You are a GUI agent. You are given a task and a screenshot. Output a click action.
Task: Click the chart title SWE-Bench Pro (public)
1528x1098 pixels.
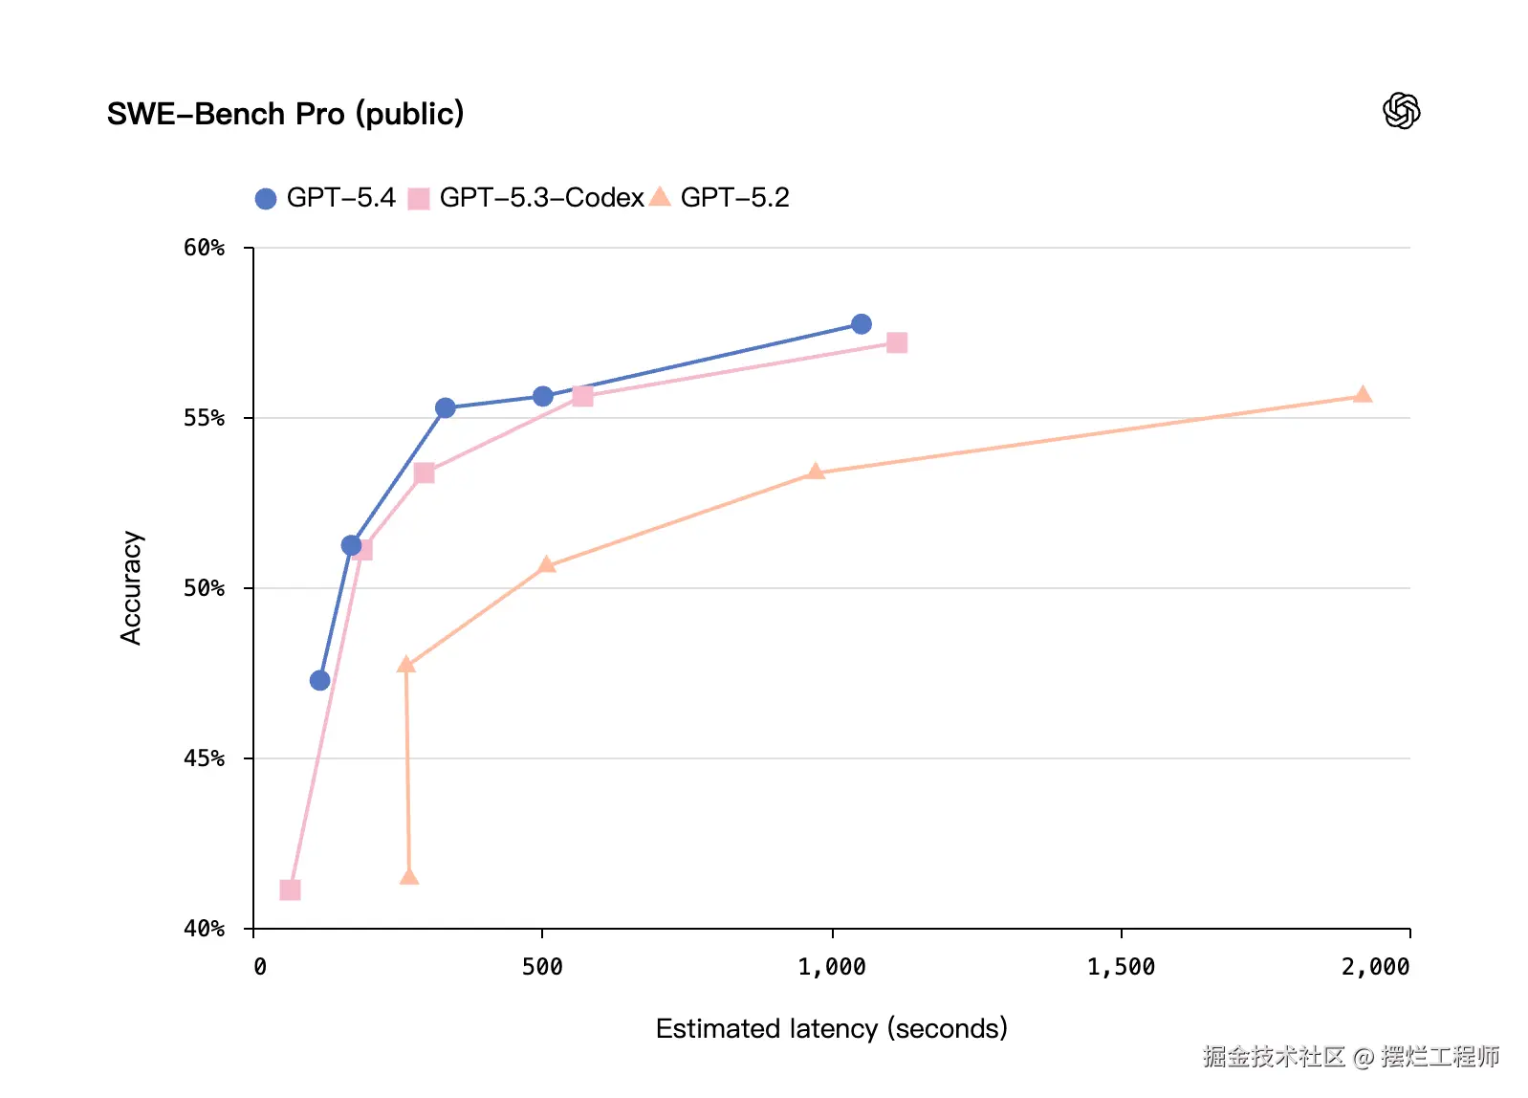[285, 114]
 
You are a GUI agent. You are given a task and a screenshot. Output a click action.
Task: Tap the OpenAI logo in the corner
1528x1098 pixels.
[1401, 111]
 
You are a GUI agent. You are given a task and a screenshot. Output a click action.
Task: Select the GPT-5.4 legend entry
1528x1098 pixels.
[325, 198]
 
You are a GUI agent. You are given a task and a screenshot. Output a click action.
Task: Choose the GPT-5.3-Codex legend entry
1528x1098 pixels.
[526, 198]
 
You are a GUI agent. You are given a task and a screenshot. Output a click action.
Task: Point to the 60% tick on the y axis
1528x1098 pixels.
[204, 249]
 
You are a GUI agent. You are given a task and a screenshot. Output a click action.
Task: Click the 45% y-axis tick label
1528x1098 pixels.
[204, 759]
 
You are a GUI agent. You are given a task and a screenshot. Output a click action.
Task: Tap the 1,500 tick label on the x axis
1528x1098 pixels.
[1121, 968]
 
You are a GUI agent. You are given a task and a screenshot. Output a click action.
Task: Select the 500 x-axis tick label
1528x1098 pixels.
[542, 968]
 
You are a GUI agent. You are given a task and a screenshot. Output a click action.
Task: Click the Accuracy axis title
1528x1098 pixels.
[131, 587]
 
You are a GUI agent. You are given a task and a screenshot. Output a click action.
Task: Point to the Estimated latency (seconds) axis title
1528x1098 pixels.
[831, 1029]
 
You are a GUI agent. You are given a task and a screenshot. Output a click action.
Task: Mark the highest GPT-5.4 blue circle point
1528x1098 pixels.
[861, 324]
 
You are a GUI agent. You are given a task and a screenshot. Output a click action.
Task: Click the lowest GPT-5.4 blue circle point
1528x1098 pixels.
[319, 681]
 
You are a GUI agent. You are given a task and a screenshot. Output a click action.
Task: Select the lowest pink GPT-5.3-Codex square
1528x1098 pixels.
[290, 890]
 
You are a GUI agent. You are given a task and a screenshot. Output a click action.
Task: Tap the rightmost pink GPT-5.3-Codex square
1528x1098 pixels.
[896, 342]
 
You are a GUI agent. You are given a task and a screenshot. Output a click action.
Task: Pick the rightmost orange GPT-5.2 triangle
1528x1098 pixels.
[1363, 395]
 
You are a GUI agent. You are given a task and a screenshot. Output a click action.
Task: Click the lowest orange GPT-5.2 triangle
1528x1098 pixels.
[409, 877]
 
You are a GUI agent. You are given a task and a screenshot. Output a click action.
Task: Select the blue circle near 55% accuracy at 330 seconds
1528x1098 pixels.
[445, 408]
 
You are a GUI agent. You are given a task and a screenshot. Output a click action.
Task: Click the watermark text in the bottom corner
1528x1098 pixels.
[1350, 1056]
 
